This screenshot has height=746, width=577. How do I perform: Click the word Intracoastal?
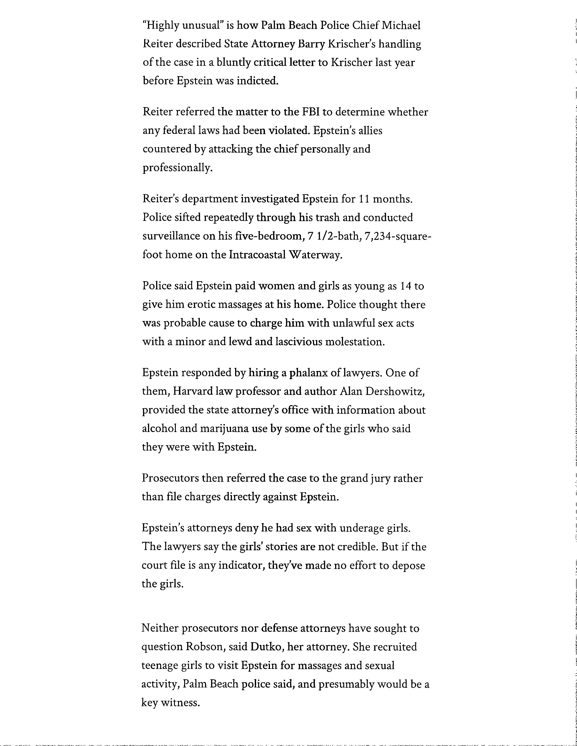(x=257, y=255)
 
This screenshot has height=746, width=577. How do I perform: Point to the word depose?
(x=408, y=565)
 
